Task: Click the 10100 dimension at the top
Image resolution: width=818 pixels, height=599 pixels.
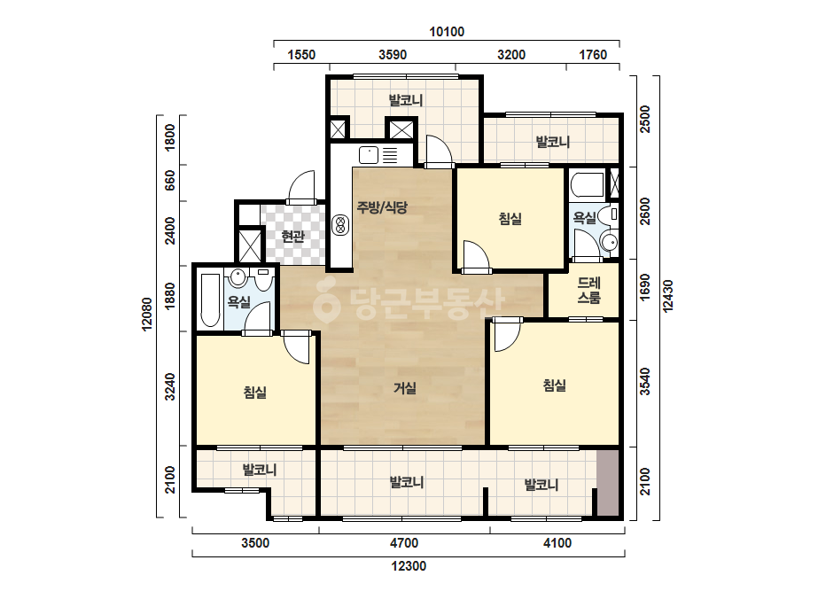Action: click(x=447, y=32)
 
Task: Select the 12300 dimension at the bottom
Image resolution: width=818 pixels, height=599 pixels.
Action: click(x=409, y=566)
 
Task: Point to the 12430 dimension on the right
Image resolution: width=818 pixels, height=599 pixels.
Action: click(x=667, y=296)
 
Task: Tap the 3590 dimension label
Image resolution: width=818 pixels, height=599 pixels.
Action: click(x=393, y=55)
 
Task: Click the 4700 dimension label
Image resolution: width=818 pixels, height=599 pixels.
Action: click(x=404, y=543)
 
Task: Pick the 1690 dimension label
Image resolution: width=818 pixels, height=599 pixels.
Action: click(x=645, y=287)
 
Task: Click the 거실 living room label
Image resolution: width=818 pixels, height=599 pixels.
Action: click(x=405, y=388)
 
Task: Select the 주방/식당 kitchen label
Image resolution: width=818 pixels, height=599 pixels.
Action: click(x=382, y=207)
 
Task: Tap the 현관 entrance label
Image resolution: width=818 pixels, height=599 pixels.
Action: click(x=292, y=237)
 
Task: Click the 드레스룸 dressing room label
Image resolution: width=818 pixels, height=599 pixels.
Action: click(x=588, y=290)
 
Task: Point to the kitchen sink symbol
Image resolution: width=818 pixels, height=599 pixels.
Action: click(x=369, y=155)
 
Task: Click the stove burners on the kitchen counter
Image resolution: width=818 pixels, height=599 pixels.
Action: click(x=340, y=225)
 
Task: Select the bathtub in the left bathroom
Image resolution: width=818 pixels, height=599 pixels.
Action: click(x=210, y=300)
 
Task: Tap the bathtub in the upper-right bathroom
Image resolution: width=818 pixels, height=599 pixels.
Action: click(x=588, y=185)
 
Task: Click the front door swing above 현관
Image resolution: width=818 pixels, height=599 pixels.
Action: click(x=301, y=187)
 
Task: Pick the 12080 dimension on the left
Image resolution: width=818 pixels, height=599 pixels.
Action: click(x=146, y=314)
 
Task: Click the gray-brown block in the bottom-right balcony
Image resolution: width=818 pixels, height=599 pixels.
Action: click(x=608, y=484)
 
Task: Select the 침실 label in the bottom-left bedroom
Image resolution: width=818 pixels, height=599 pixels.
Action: click(x=255, y=393)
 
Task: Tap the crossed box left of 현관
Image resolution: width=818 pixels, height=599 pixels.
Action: click(x=249, y=245)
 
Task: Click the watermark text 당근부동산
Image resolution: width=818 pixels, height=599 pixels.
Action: click(x=409, y=303)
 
